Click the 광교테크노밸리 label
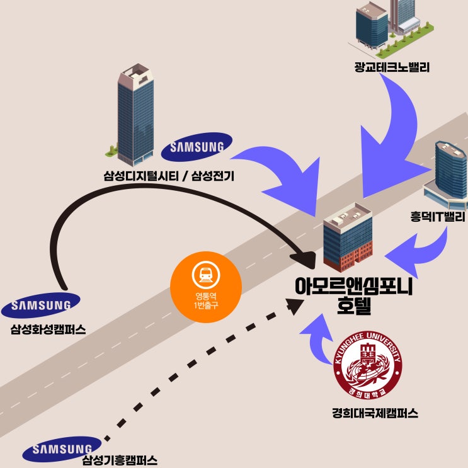coord(392,67)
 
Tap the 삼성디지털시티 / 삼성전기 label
coord(169,176)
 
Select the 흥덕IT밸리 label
coord(438,217)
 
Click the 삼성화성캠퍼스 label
coord(48,329)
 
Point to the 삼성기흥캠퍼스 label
coord(120,460)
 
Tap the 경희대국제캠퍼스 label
coord(375,413)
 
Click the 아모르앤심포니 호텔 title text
coord(354,296)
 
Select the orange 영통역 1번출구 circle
coord(205,287)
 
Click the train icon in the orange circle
coord(205,275)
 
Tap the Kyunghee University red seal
coord(367,365)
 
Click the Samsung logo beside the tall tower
coord(197,147)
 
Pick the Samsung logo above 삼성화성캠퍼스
coord(41,305)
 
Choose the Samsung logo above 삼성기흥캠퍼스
coord(62,449)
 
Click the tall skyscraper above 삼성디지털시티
coord(135,115)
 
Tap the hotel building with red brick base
coord(348,237)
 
